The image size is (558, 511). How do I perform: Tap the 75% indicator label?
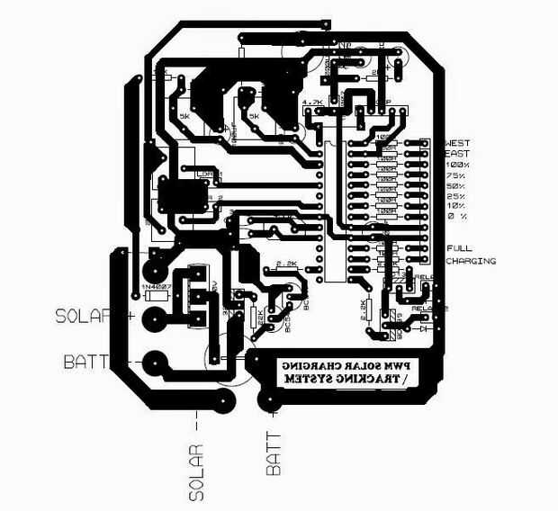coord(457,176)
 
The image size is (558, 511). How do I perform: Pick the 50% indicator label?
coord(457,186)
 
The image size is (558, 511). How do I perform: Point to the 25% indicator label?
coord(457,196)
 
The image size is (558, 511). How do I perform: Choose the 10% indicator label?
coord(457,206)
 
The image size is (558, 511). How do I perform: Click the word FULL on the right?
coord(459,248)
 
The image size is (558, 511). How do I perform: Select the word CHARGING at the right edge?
coord(471,261)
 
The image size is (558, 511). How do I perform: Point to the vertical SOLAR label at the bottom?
coord(197,471)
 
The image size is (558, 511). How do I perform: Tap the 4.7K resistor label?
coord(314,103)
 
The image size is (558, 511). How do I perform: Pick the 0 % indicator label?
coord(456,216)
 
